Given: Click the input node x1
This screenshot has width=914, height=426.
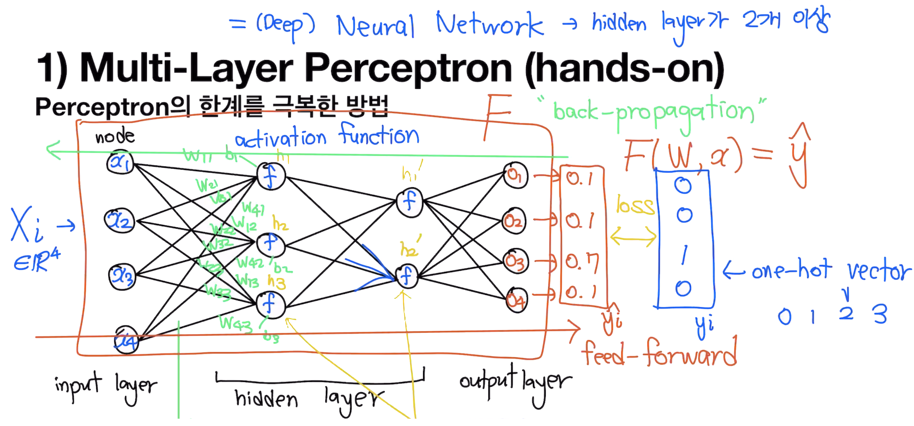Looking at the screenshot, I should (x=120, y=162).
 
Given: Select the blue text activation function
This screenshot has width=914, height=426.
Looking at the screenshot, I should (x=327, y=137).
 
